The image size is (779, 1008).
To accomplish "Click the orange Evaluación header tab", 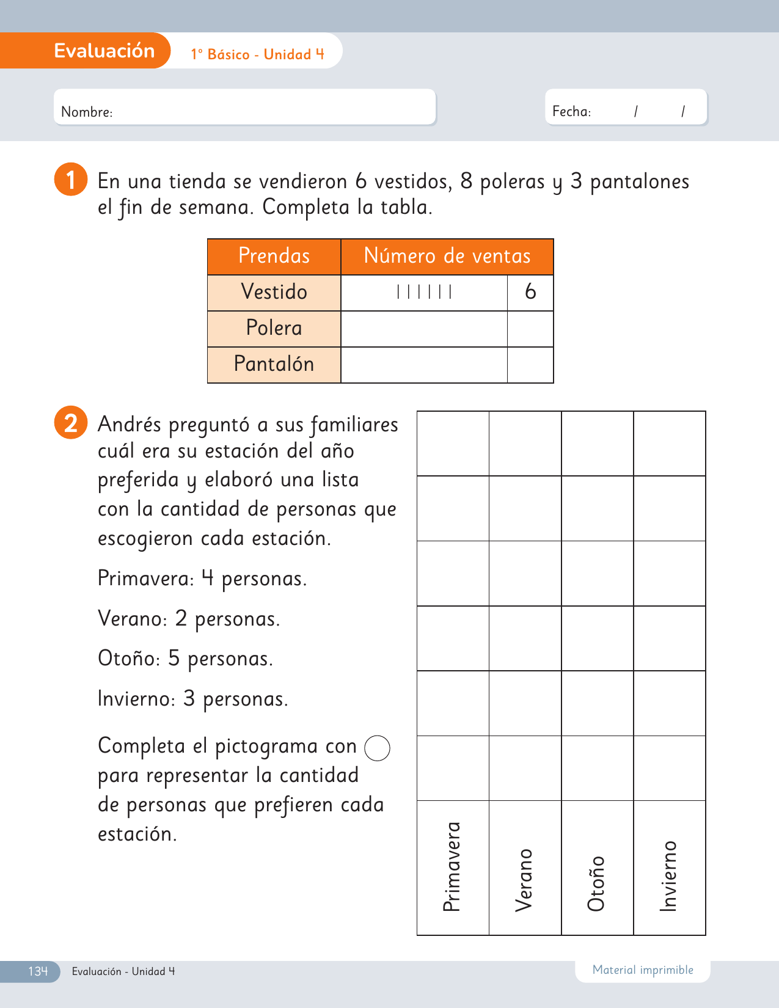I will coord(104,51).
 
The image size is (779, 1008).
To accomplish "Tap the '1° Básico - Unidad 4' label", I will coord(257,54).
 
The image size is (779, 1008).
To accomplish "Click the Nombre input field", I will coord(244,108).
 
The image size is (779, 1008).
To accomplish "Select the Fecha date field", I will coord(626,108).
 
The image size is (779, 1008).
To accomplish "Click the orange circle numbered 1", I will coord(70,180).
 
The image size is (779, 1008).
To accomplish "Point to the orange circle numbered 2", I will coord(70,423).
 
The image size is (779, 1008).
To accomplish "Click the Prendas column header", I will coord(274,256).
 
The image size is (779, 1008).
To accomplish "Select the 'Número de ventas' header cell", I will coord(447,256).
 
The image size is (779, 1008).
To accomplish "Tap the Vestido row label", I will coord(274,292).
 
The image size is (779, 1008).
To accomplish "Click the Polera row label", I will coord(274,328).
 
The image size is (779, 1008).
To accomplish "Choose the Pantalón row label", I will coord(274,364).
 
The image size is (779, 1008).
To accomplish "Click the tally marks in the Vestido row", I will coord(424,292).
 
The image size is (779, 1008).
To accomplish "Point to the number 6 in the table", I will coord(530,292).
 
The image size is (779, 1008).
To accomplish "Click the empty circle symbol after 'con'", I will coord(377,748).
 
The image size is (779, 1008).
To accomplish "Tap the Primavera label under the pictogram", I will coord(452,867).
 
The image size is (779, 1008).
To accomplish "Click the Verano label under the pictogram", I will coord(524,880).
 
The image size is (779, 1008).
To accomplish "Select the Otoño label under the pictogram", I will coord(596,883).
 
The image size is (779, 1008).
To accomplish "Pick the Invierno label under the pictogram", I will coord(669,876).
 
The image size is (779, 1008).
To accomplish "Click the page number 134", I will coord(37,971).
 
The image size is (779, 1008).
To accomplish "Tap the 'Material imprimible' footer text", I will coord(643,970).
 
